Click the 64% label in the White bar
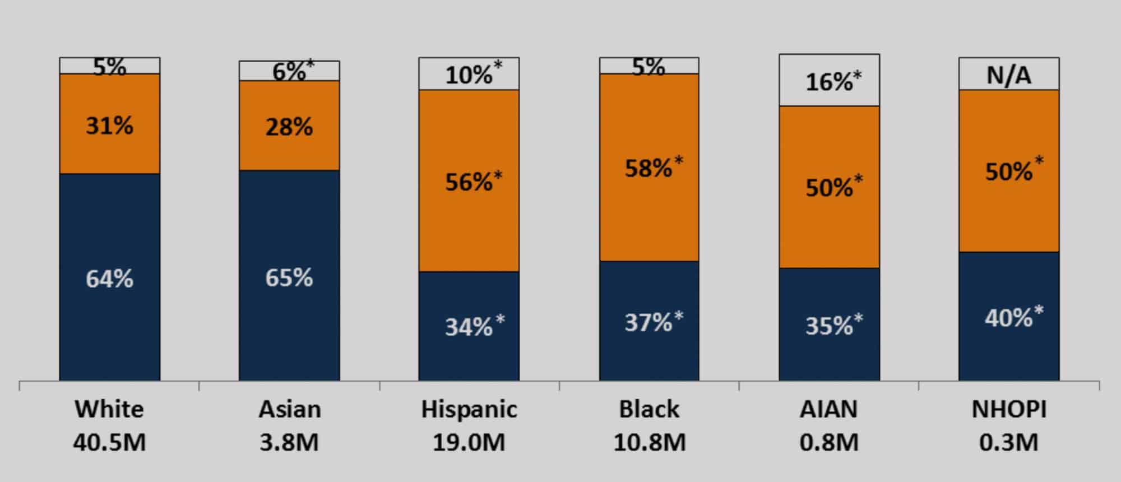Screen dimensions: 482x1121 [109, 279]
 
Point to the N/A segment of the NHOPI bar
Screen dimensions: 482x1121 [1008, 75]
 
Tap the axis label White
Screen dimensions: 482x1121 [109, 409]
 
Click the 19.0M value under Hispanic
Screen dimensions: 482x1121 [469, 443]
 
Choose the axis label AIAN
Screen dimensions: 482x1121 [828, 409]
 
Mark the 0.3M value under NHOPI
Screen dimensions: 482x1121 [1008, 443]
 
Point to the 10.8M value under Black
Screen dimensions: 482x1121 [649, 443]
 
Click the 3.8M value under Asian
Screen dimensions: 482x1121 [289, 443]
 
